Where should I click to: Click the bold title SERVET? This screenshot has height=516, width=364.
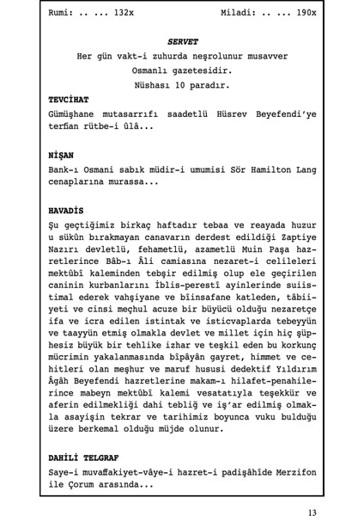pyautogui.click(x=182, y=40)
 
